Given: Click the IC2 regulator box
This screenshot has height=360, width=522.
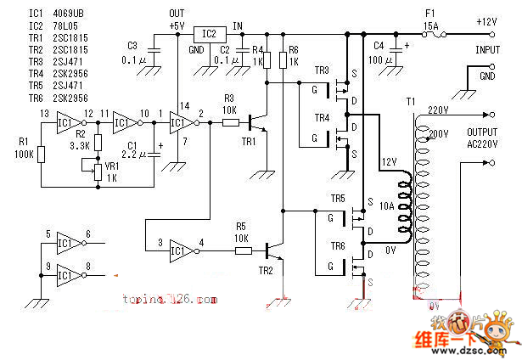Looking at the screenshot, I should [209, 35].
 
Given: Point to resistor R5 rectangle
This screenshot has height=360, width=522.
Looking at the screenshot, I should [243, 250].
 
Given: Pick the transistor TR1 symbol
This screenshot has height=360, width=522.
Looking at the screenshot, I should [258, 124].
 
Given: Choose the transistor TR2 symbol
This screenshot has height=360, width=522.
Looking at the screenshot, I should [273, 251].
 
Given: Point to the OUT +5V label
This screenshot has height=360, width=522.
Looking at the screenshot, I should [177, 20].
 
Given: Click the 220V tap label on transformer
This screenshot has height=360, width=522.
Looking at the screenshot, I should [439, 110].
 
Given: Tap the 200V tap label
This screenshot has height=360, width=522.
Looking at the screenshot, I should [439, 134].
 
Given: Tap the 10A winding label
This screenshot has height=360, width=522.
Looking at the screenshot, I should [387, 206].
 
